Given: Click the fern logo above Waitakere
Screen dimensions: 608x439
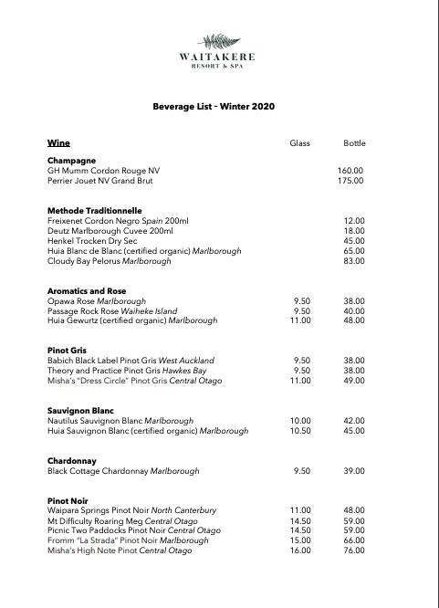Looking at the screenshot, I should pyautogui.click(x=219, y=41).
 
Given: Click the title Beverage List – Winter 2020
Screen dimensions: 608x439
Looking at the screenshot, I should pyautogui.click(x=214, y=107).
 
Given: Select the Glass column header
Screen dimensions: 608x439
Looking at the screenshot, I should pyautogui.click(x=300, y=143).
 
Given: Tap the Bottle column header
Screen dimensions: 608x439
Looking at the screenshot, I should pyautogui.click(x=354, y=143).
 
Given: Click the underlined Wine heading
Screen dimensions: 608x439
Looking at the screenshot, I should pyautogui.click(x=58, y=143).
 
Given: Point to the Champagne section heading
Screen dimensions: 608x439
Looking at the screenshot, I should pyautogui.click(x=71, y=161).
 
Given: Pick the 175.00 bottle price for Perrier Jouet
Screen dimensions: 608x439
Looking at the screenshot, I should pyautogui.click(x=350, y=181).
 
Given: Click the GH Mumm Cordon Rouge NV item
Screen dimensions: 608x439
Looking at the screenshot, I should pyautogui.click(x=103, y=171).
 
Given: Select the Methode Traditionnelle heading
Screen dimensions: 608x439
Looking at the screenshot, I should pyautogui.click(x=95, y=211).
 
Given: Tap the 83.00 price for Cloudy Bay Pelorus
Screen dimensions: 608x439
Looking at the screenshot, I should pyautogui.click(x=354, y=261).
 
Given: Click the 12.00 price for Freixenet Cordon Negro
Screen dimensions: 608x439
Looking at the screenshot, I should pyautogui.click(x=354, y=221).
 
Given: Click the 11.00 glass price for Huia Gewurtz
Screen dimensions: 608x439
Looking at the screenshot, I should pyautogui.click(x=300, y=321).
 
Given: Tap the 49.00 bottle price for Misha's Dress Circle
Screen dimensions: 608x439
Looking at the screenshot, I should pyautogui.click(x=354, y=381).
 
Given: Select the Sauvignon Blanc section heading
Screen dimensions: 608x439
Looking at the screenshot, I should pyautogui.click(x=80, y=411).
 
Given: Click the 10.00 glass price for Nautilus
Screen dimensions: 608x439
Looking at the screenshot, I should pyautogui.click(x=300, y=421).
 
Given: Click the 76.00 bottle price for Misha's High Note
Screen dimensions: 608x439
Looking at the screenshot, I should pyautogui.click(x=354, y=550).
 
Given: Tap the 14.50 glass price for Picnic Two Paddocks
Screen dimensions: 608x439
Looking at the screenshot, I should pyautogui.click(x=300, y=530).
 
